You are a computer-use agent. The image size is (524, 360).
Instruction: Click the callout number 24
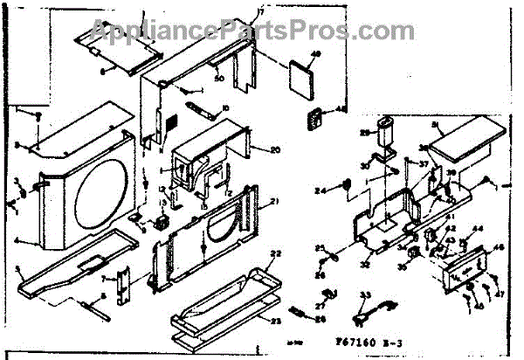point(320,190)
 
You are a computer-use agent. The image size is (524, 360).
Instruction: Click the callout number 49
point(316,56)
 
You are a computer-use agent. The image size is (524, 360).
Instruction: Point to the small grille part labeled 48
point(313,118)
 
